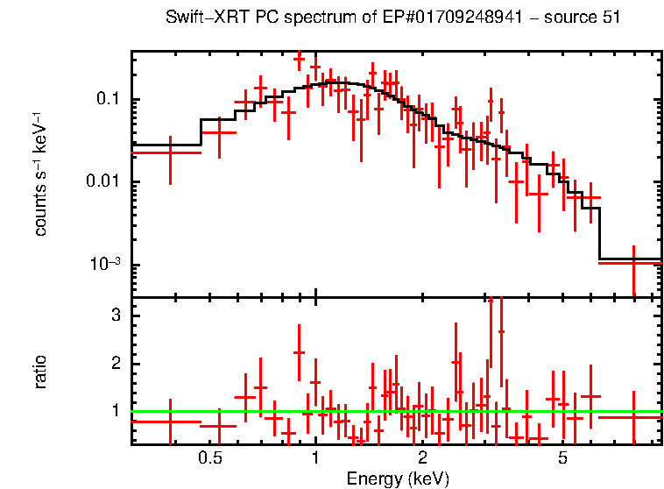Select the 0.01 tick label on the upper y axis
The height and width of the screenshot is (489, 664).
tap(102, 182)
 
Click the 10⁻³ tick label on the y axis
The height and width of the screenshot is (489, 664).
tap(106, 265)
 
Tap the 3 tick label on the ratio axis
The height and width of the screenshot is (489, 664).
tap(114, 315)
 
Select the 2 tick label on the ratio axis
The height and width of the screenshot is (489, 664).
tap(114, 364)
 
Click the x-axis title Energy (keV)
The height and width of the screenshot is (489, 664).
tap(397, 478)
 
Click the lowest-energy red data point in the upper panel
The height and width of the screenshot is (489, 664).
tap(170, 152)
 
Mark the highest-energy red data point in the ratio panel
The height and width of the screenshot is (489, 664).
tap(633, 417)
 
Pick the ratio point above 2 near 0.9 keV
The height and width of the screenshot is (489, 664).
tap(299, 352)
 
